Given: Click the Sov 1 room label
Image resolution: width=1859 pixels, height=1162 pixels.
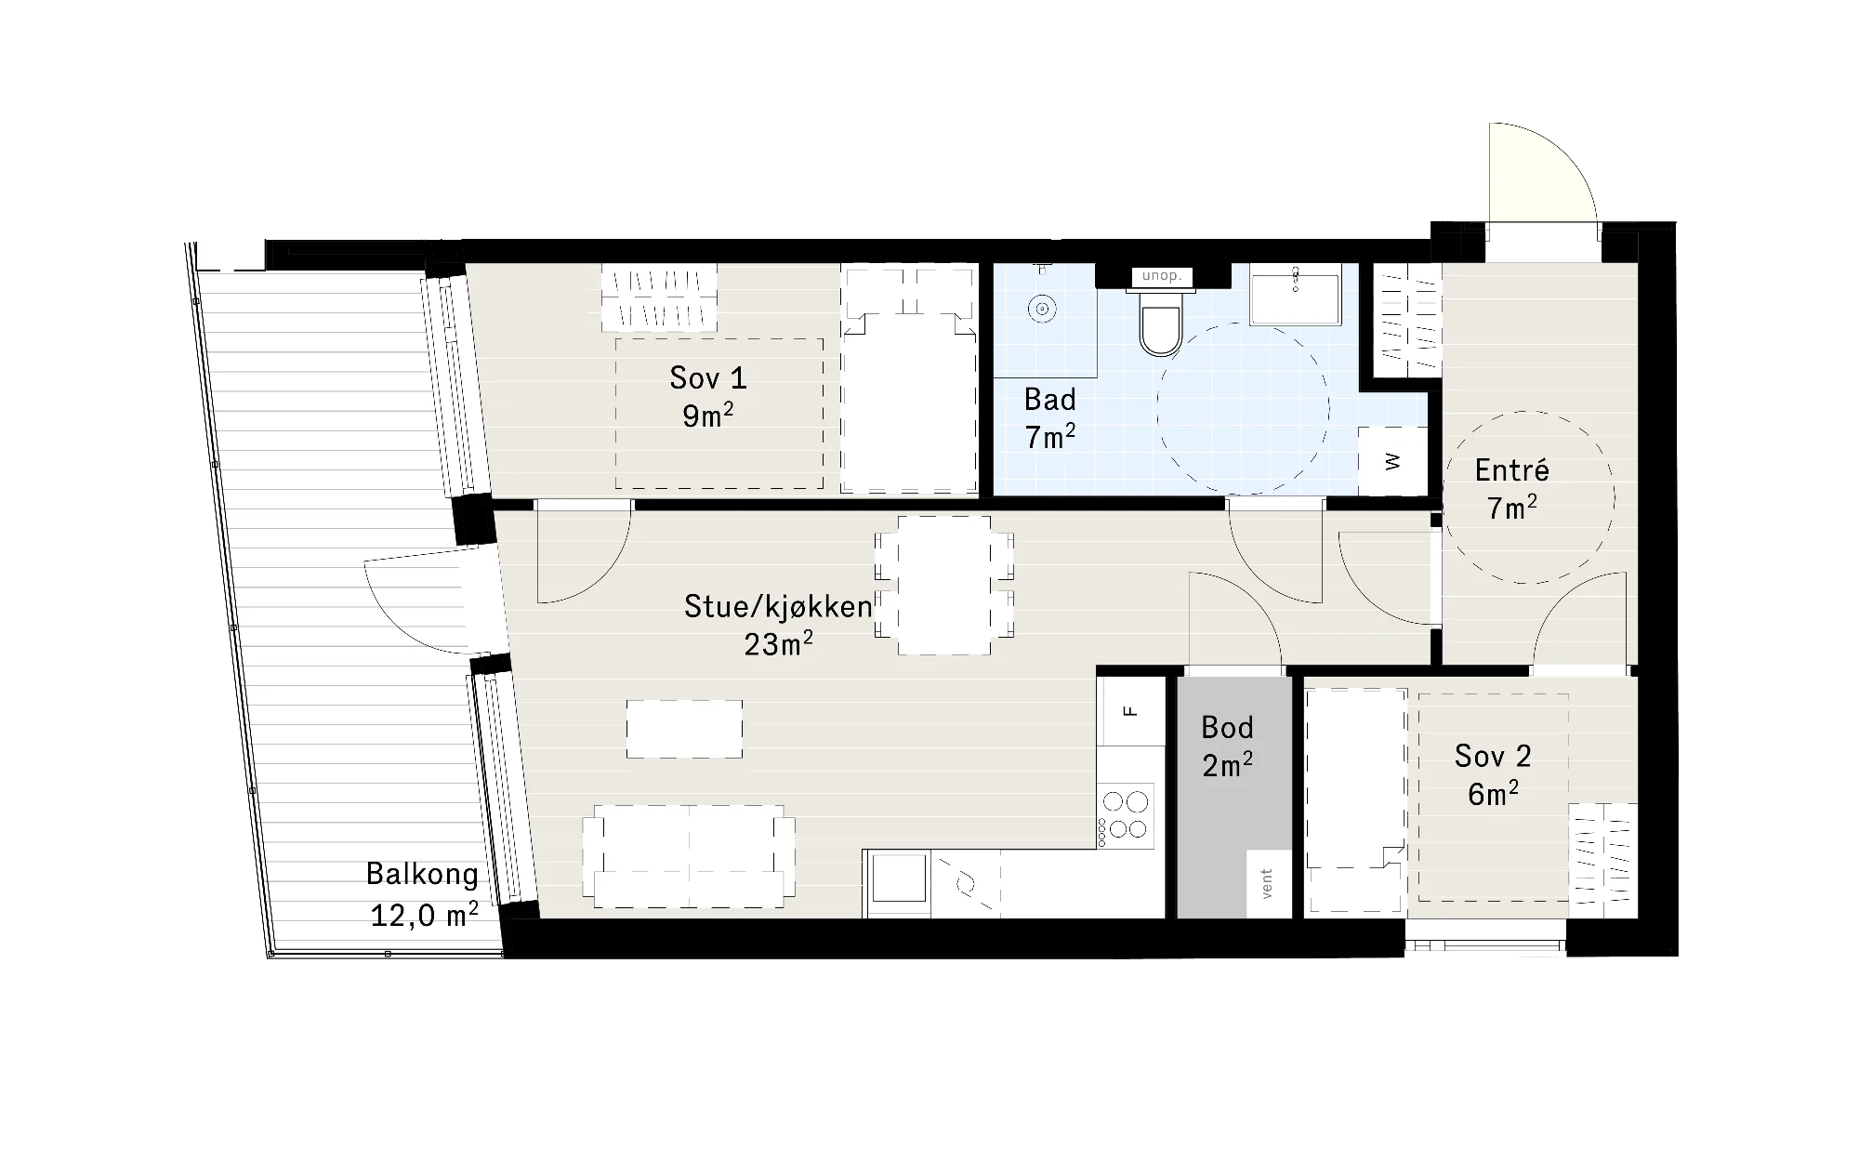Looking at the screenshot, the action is (x=708, y=397).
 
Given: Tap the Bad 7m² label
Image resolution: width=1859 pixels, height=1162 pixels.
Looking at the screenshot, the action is (x=1050, y=418).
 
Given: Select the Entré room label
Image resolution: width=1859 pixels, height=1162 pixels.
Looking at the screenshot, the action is (x=1512, y=489).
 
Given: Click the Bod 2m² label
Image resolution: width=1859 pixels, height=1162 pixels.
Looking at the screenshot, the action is (x=1227, y=746).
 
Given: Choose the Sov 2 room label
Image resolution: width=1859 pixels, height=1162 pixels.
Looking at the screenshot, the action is (x=1493, y=774).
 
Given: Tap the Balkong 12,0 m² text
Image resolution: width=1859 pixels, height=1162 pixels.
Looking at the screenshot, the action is (x=423, y=894).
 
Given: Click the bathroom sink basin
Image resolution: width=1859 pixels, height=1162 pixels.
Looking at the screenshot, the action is (x=1295, y=295).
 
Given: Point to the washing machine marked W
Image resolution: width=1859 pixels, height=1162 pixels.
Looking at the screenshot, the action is (x=1392, y=461).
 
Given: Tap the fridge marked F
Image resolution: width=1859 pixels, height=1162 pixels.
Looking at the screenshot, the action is (x=1130, y=711).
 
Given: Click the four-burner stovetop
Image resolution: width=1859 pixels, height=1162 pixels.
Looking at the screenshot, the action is (x=1126, y=815).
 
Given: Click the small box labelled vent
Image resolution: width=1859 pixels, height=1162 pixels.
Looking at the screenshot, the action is (x=1269, y=884).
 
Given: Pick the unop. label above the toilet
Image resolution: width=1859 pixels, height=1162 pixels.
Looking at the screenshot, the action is (x=1162, y=276).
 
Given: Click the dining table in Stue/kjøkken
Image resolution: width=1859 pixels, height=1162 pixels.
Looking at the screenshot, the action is (x=943, y=585).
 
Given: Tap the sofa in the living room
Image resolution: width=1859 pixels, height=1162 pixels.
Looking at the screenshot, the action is (x=688, y=856).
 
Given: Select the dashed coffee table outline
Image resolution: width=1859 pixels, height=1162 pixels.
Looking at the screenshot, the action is (x=684, y=729).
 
